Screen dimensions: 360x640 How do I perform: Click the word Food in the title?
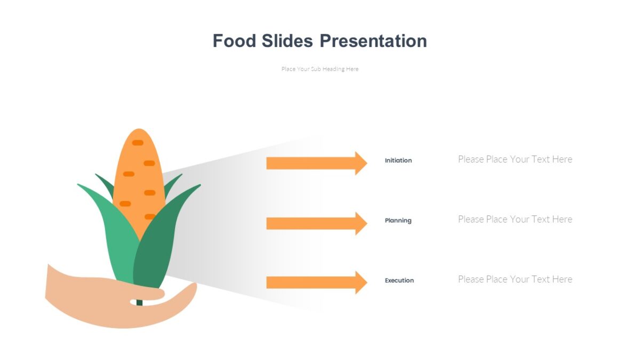pyautogui.click(x=235, y=41)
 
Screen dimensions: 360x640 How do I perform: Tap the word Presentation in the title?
pyautogui.click(x=373, y=41)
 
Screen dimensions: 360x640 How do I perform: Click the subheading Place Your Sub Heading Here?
pyautogui.click(x=320, y=69)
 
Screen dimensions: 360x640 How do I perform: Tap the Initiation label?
pyautogui.click(x=398, y=161)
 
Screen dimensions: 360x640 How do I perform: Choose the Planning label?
pyautogui.click(x=398, y=221)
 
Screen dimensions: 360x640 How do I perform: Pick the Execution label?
pyautogui.click(x=399, y=281)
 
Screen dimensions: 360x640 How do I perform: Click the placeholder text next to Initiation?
pyautogui.click(x=515, y=159)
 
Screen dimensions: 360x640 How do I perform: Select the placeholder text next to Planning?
pyautogui.click(x=515, y=219)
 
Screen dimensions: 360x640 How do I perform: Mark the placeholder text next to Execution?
pyautogui.click(x=515, y=279)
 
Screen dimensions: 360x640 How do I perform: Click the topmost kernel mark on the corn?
pyautogui.click(x=138, y=142)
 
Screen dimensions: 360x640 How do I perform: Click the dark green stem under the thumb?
pyautogui.click(x=139, y=302)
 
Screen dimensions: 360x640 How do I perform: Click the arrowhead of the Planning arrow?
pyautogui.click(x=361, y=223)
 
